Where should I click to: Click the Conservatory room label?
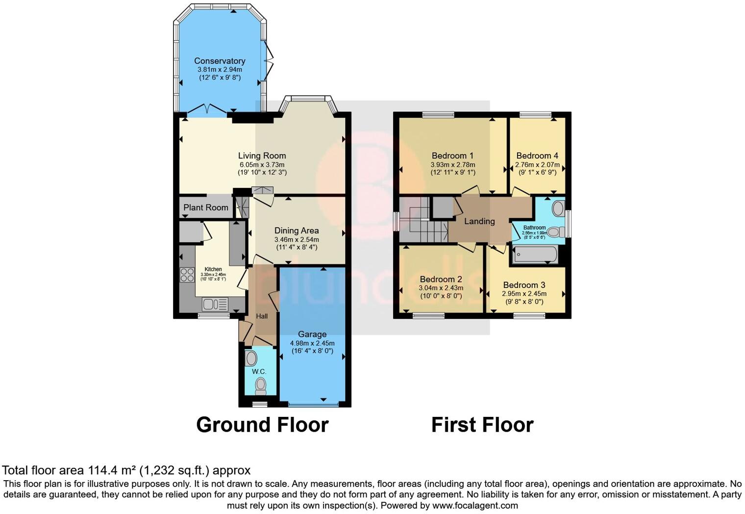[220, 61]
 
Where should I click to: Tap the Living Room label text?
[262, 155]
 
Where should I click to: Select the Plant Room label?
[206, 207]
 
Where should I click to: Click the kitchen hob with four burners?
[187, 275]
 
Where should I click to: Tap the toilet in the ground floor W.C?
[260, 386]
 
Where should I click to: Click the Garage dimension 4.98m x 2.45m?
[312, 343]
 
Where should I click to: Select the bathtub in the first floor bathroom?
[534, 255]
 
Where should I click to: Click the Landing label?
[479, 221]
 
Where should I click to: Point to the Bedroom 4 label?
[537, 155]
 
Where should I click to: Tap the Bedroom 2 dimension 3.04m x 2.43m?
[441, 288]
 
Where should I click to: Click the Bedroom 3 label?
[524, 285]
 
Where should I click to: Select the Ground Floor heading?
[262, 425]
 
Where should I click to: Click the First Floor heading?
[482, 425]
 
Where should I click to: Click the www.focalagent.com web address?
[475, 505]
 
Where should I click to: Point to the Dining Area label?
[297, 231]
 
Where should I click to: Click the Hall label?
[262, 316]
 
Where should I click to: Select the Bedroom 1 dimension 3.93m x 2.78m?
[452, 165]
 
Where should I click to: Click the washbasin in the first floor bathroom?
[558, 209]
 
